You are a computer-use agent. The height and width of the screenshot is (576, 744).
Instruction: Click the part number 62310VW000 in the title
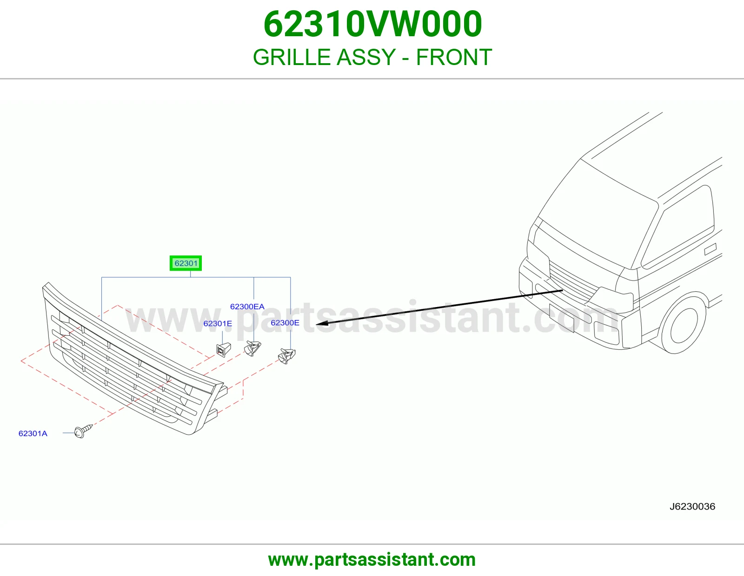pos(372,24)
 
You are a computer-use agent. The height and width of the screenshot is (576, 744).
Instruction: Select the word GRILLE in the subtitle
pos(292,57)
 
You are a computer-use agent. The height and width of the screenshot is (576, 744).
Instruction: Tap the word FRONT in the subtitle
pos(454,57)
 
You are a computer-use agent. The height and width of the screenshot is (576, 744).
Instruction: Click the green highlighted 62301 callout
pos(186,263)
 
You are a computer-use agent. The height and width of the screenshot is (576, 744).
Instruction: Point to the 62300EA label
pos(247,307)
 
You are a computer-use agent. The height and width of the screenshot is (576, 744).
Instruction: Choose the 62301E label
pos(218,323)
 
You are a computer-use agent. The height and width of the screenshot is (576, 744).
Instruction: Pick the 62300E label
pos(285,322)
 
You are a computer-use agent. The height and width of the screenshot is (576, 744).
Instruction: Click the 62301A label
pos(33,433)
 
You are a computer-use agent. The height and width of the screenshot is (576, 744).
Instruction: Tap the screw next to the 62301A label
pos(83,431)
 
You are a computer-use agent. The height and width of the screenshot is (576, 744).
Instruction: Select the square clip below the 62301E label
pos(224,350)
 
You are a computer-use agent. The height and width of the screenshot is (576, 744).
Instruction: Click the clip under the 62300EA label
pos(252,348)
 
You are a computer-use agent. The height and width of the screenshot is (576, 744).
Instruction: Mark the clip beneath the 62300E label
pos(286,356)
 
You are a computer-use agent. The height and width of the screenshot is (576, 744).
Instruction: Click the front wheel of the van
pos(684,325)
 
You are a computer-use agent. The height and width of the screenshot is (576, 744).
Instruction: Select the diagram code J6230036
pos(692,506)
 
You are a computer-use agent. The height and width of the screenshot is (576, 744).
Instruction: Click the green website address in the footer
pos(372,560)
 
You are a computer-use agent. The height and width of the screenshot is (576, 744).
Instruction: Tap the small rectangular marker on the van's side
pos(710,249)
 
